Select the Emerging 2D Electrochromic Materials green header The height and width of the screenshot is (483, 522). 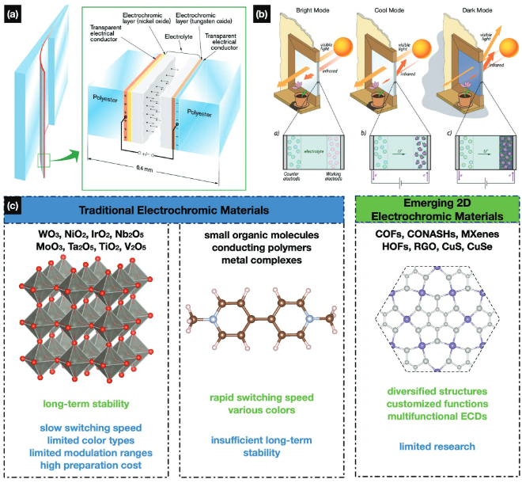(437, 210)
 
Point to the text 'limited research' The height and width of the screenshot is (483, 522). (437, 447)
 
